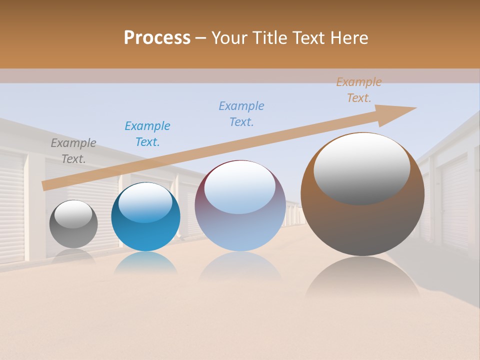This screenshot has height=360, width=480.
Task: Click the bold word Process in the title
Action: coord(157,37)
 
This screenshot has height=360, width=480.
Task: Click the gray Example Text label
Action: coord(73,151)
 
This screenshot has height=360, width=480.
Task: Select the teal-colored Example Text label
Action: coord(147,133)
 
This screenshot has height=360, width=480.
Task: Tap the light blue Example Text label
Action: coord(241,114)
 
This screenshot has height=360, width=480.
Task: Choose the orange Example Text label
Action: coord(359,90)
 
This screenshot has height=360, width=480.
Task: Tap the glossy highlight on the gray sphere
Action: coord(73,214)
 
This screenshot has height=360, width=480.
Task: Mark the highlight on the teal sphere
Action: coord(145,202)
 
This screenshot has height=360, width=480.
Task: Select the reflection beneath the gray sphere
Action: coord(73,256)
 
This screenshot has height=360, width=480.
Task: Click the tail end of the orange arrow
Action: coord(46,185)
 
